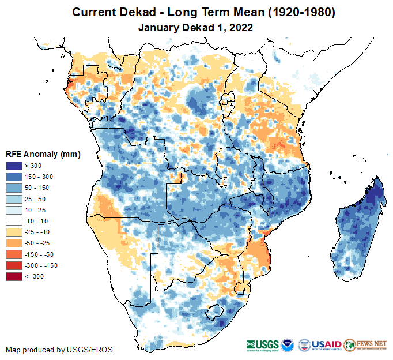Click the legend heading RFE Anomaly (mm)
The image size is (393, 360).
43,154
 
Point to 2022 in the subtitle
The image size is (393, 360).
241,27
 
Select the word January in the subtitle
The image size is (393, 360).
158,27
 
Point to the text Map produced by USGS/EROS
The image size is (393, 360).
59,350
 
